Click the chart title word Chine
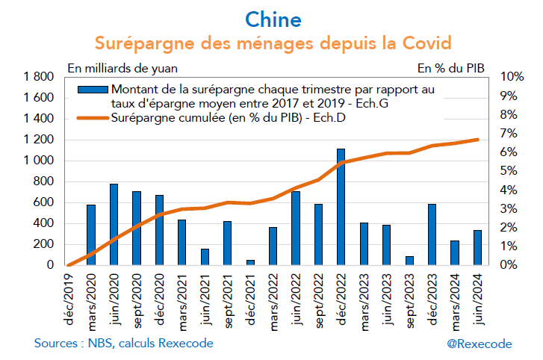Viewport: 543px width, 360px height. coord(272,16)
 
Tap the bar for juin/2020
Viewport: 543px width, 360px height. coord(114,224)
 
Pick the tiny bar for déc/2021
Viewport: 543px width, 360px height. coord(250,262)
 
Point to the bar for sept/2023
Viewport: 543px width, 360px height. coord(409,261)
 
